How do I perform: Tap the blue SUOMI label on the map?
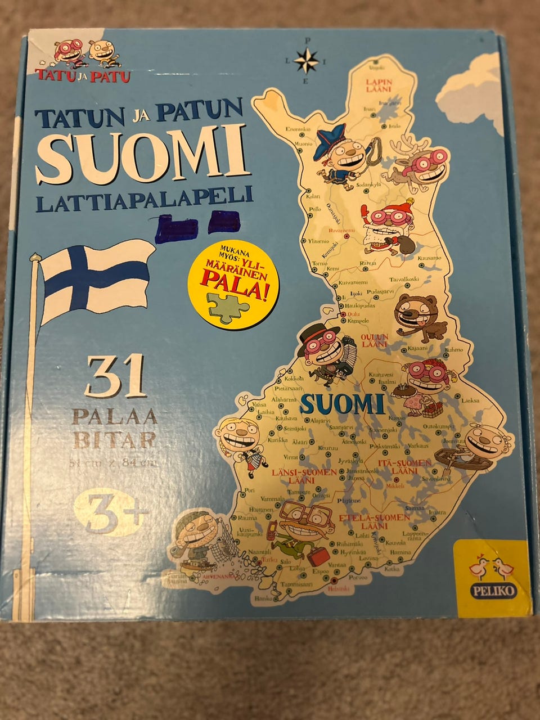342,404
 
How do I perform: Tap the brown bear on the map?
419,318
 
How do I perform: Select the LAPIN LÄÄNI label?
378,85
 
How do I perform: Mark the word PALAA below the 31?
114,417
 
